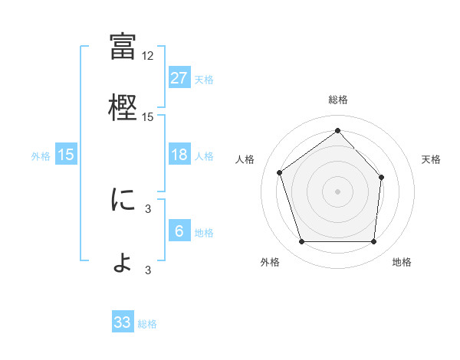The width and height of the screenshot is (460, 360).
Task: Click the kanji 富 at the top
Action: coord(123,47)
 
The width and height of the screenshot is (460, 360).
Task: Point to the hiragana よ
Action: coord(123,262)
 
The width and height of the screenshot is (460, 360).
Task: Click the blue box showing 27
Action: coord(179,77)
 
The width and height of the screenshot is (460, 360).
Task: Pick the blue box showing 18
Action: coord(179,155)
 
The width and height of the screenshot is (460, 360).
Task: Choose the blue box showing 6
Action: coord(179,231)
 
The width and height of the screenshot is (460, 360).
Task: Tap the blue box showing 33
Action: coord(123,322)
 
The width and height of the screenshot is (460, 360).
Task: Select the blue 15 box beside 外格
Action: coord(65,155)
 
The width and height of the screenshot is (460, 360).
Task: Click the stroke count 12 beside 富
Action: coord(148,56)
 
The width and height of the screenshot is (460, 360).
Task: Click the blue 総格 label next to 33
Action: coord(147,324)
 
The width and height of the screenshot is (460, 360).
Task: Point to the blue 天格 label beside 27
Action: coord(203,79)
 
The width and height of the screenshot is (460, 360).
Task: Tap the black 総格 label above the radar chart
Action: coord(337,100)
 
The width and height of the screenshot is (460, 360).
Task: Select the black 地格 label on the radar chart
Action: coord(402,263)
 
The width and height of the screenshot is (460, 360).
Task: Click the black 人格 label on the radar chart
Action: coord(245,159)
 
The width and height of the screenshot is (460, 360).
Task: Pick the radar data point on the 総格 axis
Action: coord(337,131)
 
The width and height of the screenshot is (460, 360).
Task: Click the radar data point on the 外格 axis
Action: coord(301,242)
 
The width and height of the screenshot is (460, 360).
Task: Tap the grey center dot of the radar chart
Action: coord(337,190)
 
